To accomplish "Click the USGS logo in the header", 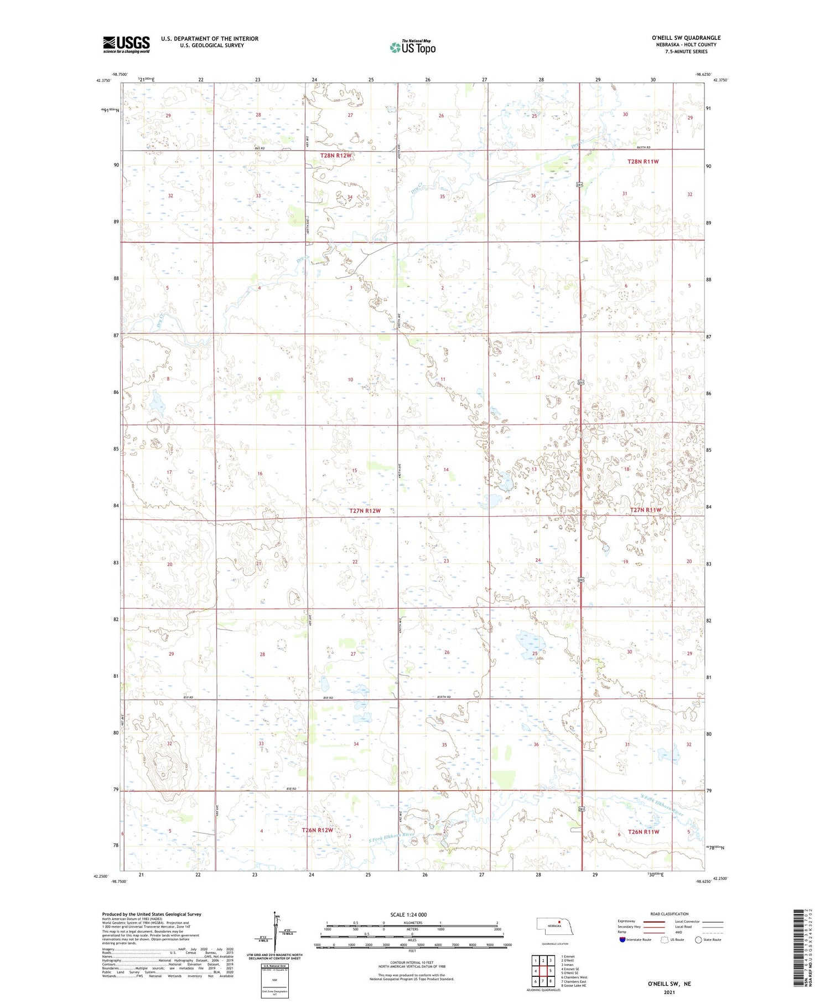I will point(126,44).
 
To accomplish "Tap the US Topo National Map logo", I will point(413,47).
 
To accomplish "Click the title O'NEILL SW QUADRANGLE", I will point(686,38).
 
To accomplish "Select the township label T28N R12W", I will point(335,156).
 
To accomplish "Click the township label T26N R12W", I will point(317,830).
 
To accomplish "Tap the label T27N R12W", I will point(365,511).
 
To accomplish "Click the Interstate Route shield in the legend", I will point(622,940).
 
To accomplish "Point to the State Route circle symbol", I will point(698,940).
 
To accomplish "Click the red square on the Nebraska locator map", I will point(559,922).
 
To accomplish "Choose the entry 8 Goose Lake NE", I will point(573,986).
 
